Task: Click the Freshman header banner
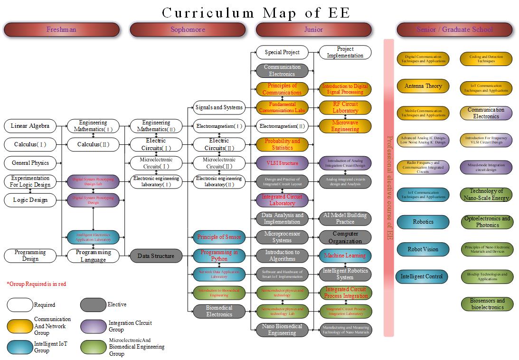(61, 29)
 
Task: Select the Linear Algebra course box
(30, 126)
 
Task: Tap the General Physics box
(30, 163)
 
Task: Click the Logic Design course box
(30, 200)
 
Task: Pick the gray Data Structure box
(156, 256)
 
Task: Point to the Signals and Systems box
(219, 107)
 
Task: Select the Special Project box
(282, 52)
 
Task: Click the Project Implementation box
(345, 52)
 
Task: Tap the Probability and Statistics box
(282, 144)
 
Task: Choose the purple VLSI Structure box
(282, 163)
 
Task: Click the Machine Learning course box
(345, 256)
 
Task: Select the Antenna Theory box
(423, 86)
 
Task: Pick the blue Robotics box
(423, 222)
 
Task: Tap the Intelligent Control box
(422, 276)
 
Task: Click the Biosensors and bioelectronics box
(487, 304)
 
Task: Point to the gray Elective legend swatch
(93, 305)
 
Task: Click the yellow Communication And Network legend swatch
(20, 326)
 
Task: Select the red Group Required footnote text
(36, 284)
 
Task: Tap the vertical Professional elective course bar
(388, 188)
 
